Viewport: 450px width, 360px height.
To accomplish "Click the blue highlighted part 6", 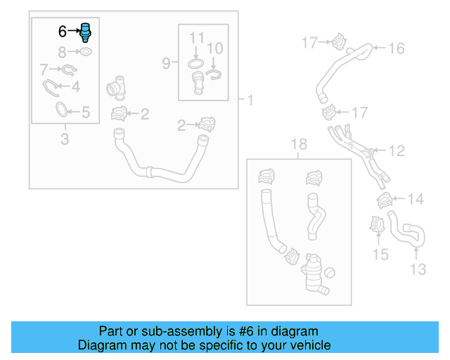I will point(86,32).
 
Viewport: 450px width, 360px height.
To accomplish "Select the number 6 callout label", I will point(62,32).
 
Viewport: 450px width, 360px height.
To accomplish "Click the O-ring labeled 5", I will point(63,110).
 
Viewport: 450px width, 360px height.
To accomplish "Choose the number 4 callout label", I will point(75,87).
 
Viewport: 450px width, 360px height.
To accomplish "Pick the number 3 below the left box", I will point(64,139).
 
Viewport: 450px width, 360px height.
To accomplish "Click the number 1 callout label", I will point(250,100).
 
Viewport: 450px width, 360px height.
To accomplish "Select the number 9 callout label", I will point(166,64).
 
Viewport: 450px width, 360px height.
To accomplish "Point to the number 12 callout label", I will point(397,150).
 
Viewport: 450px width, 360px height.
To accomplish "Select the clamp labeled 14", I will point(385,201).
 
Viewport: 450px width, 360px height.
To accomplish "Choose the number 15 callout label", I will point(380,254).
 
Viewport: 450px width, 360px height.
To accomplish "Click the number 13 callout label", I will point(418,269).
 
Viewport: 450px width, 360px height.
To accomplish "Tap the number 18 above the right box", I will point(299,145).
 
